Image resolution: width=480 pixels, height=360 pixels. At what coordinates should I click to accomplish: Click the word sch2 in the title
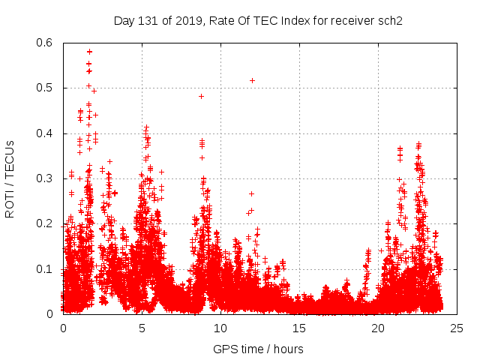(390, 20)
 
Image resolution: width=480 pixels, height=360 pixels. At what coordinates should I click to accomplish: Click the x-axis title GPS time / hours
(258, 349)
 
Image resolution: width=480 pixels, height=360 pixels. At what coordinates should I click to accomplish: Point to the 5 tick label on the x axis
(142, 328)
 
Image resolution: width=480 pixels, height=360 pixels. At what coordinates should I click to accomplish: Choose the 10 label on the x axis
(220, 328)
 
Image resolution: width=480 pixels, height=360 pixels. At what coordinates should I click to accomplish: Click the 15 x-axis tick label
(299, 328)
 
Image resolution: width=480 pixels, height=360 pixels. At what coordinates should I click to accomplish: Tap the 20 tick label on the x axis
(378, 328)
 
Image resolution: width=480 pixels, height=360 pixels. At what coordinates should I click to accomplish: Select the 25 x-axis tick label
(457, 328)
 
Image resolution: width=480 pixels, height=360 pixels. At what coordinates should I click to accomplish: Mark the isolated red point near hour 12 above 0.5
(252, 80)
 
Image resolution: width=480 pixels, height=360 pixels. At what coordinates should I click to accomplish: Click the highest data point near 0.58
(89, 52)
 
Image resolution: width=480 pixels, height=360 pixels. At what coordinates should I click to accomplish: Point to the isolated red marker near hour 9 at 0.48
(201, 96)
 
